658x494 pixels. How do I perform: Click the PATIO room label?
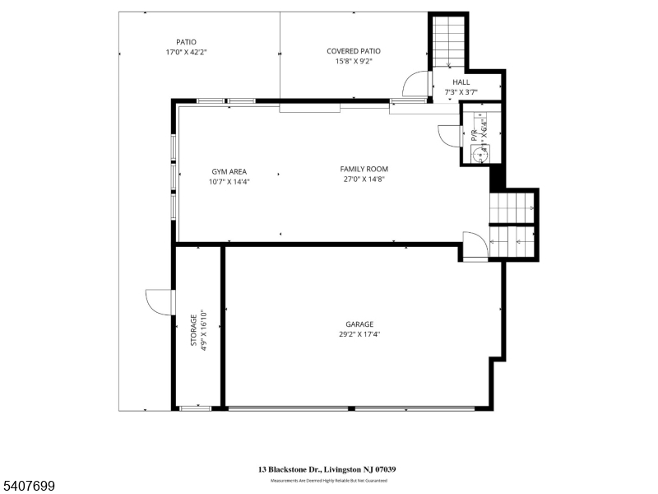(x=186, y=42)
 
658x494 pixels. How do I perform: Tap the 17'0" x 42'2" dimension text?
(x=186, y=52)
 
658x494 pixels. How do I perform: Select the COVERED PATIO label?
(x=353, y=51)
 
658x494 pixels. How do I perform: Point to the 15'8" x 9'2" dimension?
(x=353, y=61)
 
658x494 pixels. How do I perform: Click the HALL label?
(x=461, y=82)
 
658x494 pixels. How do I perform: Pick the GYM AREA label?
(x=229, y=171)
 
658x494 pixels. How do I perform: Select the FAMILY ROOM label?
(x=364, y=169)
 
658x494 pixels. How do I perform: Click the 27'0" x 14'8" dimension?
(x=364, y=179)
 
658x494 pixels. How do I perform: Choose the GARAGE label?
(x=359, y=324)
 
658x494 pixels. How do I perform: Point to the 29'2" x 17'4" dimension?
(x=359, y=334)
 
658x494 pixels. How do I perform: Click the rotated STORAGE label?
(x=194, y=329)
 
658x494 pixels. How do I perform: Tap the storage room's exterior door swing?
(x=158, y=302)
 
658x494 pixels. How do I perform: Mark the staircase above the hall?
(x=449, y=41)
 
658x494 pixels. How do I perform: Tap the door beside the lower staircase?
(x=475, y=247)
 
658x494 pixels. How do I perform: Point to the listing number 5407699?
(x=28, y=487)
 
